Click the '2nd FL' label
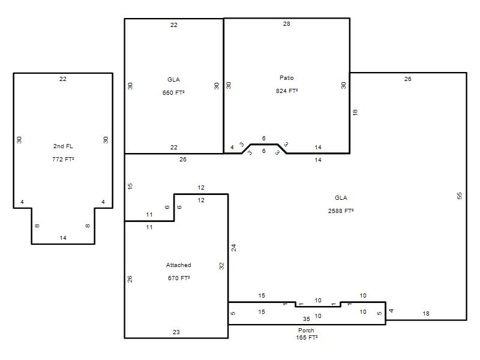click(x=63, y=146)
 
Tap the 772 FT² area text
click(x=63, y=159)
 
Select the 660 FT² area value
click(x=173, y=92)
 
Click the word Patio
click(x=287, y=78)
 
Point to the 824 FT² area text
click(x=287, y=91)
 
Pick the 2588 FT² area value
click(x=341, y=211)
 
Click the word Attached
click(x=178, y=265)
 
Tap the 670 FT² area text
click(x=179, y=278)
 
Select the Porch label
click(x=306, y=331)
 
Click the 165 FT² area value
click(x=307, y=337)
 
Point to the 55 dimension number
click(x=459, y=196)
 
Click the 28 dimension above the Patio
click(x=287, y=23)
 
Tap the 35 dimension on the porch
click(x=307, y=319)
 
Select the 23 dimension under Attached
click(x=176, y=332)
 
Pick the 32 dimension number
click(x=221, y=266)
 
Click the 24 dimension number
click(x=233, y=248)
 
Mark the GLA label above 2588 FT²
click(x=341, y=198)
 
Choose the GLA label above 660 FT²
click(x=173, y=80)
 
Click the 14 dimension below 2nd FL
click(x=63, y=238)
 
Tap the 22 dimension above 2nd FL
click(x=63, y=79)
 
